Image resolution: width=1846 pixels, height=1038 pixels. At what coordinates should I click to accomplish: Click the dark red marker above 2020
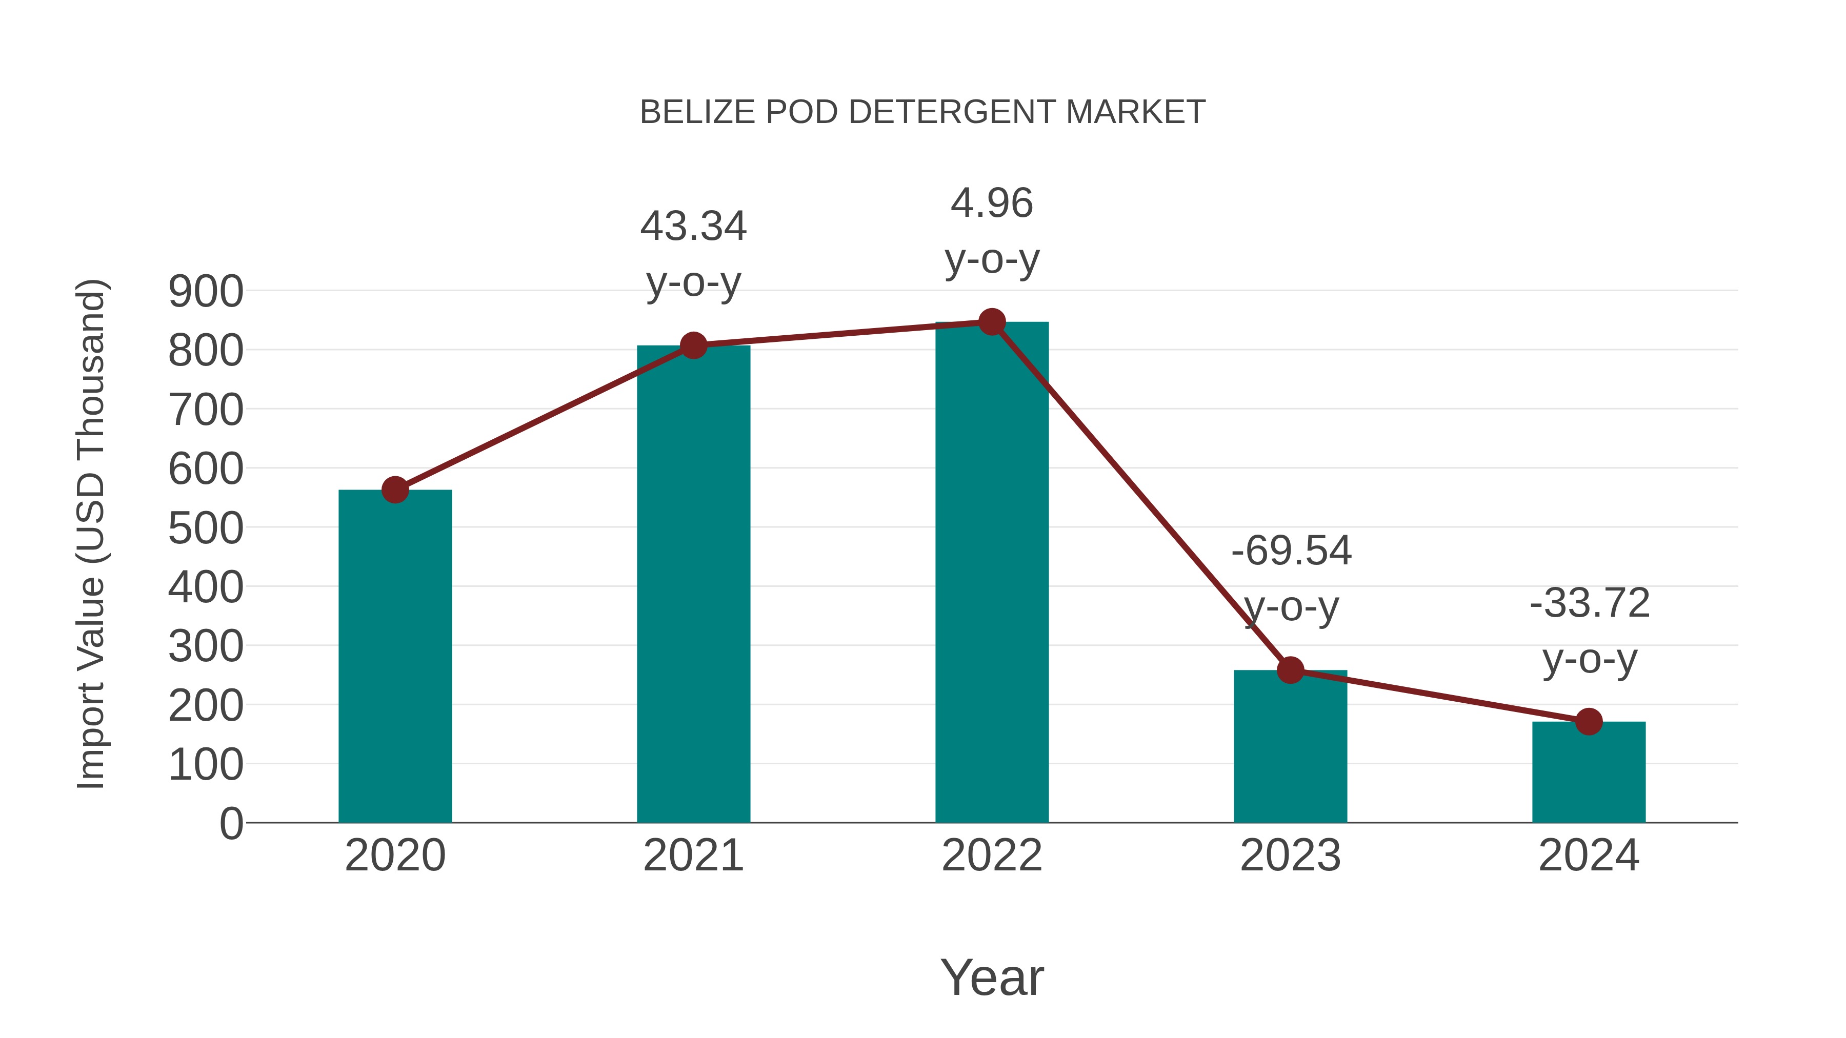point(395,490)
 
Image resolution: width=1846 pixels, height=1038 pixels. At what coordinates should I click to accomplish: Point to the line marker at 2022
point(992,322)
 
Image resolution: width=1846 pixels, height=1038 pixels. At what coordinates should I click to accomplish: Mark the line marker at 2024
point(1589,721)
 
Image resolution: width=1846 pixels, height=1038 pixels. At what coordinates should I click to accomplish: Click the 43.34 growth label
point(693,227)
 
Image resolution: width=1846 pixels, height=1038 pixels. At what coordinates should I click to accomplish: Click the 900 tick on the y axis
point(206,292)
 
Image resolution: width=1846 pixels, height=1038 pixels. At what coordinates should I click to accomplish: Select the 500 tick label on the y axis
point(206,528)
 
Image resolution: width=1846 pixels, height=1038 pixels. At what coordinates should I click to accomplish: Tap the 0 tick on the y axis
point(231,824)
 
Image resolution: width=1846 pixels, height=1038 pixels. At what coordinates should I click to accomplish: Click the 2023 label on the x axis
point(1290,856)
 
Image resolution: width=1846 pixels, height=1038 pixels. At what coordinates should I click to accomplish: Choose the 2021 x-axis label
point(693,856)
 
